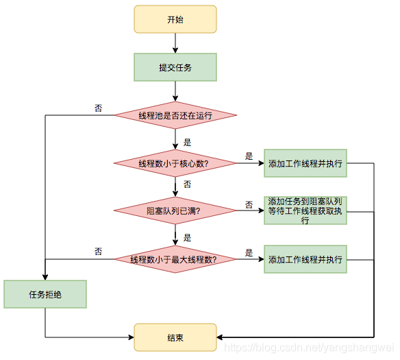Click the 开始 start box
[x=175, y=19]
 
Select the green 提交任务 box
[x=175, y=67]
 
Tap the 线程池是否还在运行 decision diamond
[x=175, y=115]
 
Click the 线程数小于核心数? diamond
[x=175, y=163]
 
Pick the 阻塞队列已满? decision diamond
[x=175, y=211]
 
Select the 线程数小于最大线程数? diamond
[x=175, y=259]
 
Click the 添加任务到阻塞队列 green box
[x=305, y=211]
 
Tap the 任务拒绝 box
[x=45, y=294]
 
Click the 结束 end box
[x=175, y=337]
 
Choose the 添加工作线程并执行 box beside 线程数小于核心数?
[x=305, y=163]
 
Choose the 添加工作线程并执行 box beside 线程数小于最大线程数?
[x=305, y=259]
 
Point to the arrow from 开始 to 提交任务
[x=175, y=43]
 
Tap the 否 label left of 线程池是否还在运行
[x=99, y=108]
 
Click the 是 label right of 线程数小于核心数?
[x=249, y=156]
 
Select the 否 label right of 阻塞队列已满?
[x=249, y=204]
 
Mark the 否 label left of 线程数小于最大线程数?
[x=99, y=252]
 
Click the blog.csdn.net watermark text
[x=309, y=349]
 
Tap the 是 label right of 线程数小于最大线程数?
[x=249, y=252]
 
